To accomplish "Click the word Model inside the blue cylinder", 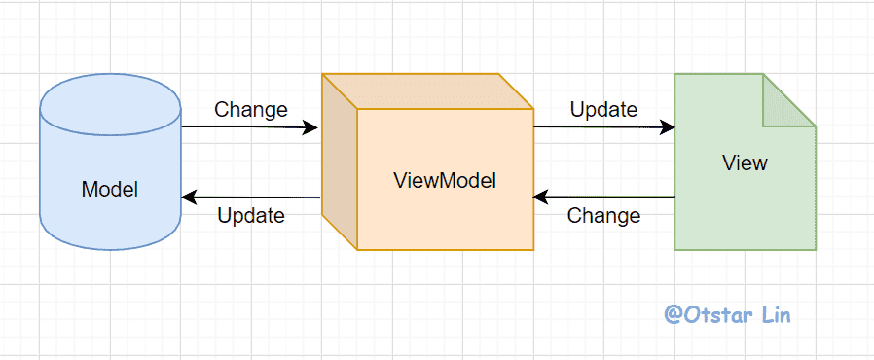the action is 110,190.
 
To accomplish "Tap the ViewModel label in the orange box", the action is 444,180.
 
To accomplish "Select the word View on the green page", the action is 745,162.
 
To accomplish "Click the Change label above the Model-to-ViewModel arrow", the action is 251,109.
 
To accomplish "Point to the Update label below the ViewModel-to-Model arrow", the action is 251,216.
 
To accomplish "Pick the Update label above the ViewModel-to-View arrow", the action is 603,109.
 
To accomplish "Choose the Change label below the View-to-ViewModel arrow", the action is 603,215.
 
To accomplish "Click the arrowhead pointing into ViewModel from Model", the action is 310,127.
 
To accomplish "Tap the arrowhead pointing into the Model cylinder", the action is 190,198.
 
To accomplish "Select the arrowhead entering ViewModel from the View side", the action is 542,197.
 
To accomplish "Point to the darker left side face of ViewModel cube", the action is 340,162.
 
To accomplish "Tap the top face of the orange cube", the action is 427,91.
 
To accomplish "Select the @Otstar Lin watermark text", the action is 727,314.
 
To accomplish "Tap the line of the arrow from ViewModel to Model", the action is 251,198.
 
